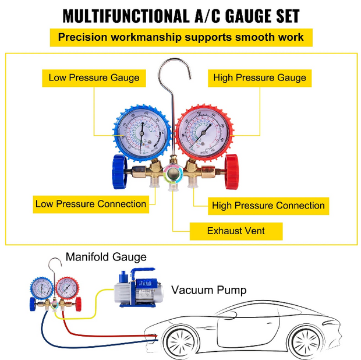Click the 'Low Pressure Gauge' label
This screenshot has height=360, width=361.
(94, 77)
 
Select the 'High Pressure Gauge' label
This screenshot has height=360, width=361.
(259, 77)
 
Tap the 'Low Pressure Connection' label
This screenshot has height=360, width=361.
(90, 204)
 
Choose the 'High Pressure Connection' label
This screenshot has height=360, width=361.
(268, 205)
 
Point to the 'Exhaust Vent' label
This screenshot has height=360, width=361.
(236, 231)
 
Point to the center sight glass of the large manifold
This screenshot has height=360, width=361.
(172, 172)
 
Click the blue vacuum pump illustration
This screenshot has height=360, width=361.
(133, 288)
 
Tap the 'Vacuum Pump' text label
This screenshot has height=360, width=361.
(208, 290)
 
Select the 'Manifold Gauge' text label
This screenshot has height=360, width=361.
(106, 257)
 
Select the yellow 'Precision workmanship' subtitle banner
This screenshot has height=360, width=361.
(180, 38)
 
